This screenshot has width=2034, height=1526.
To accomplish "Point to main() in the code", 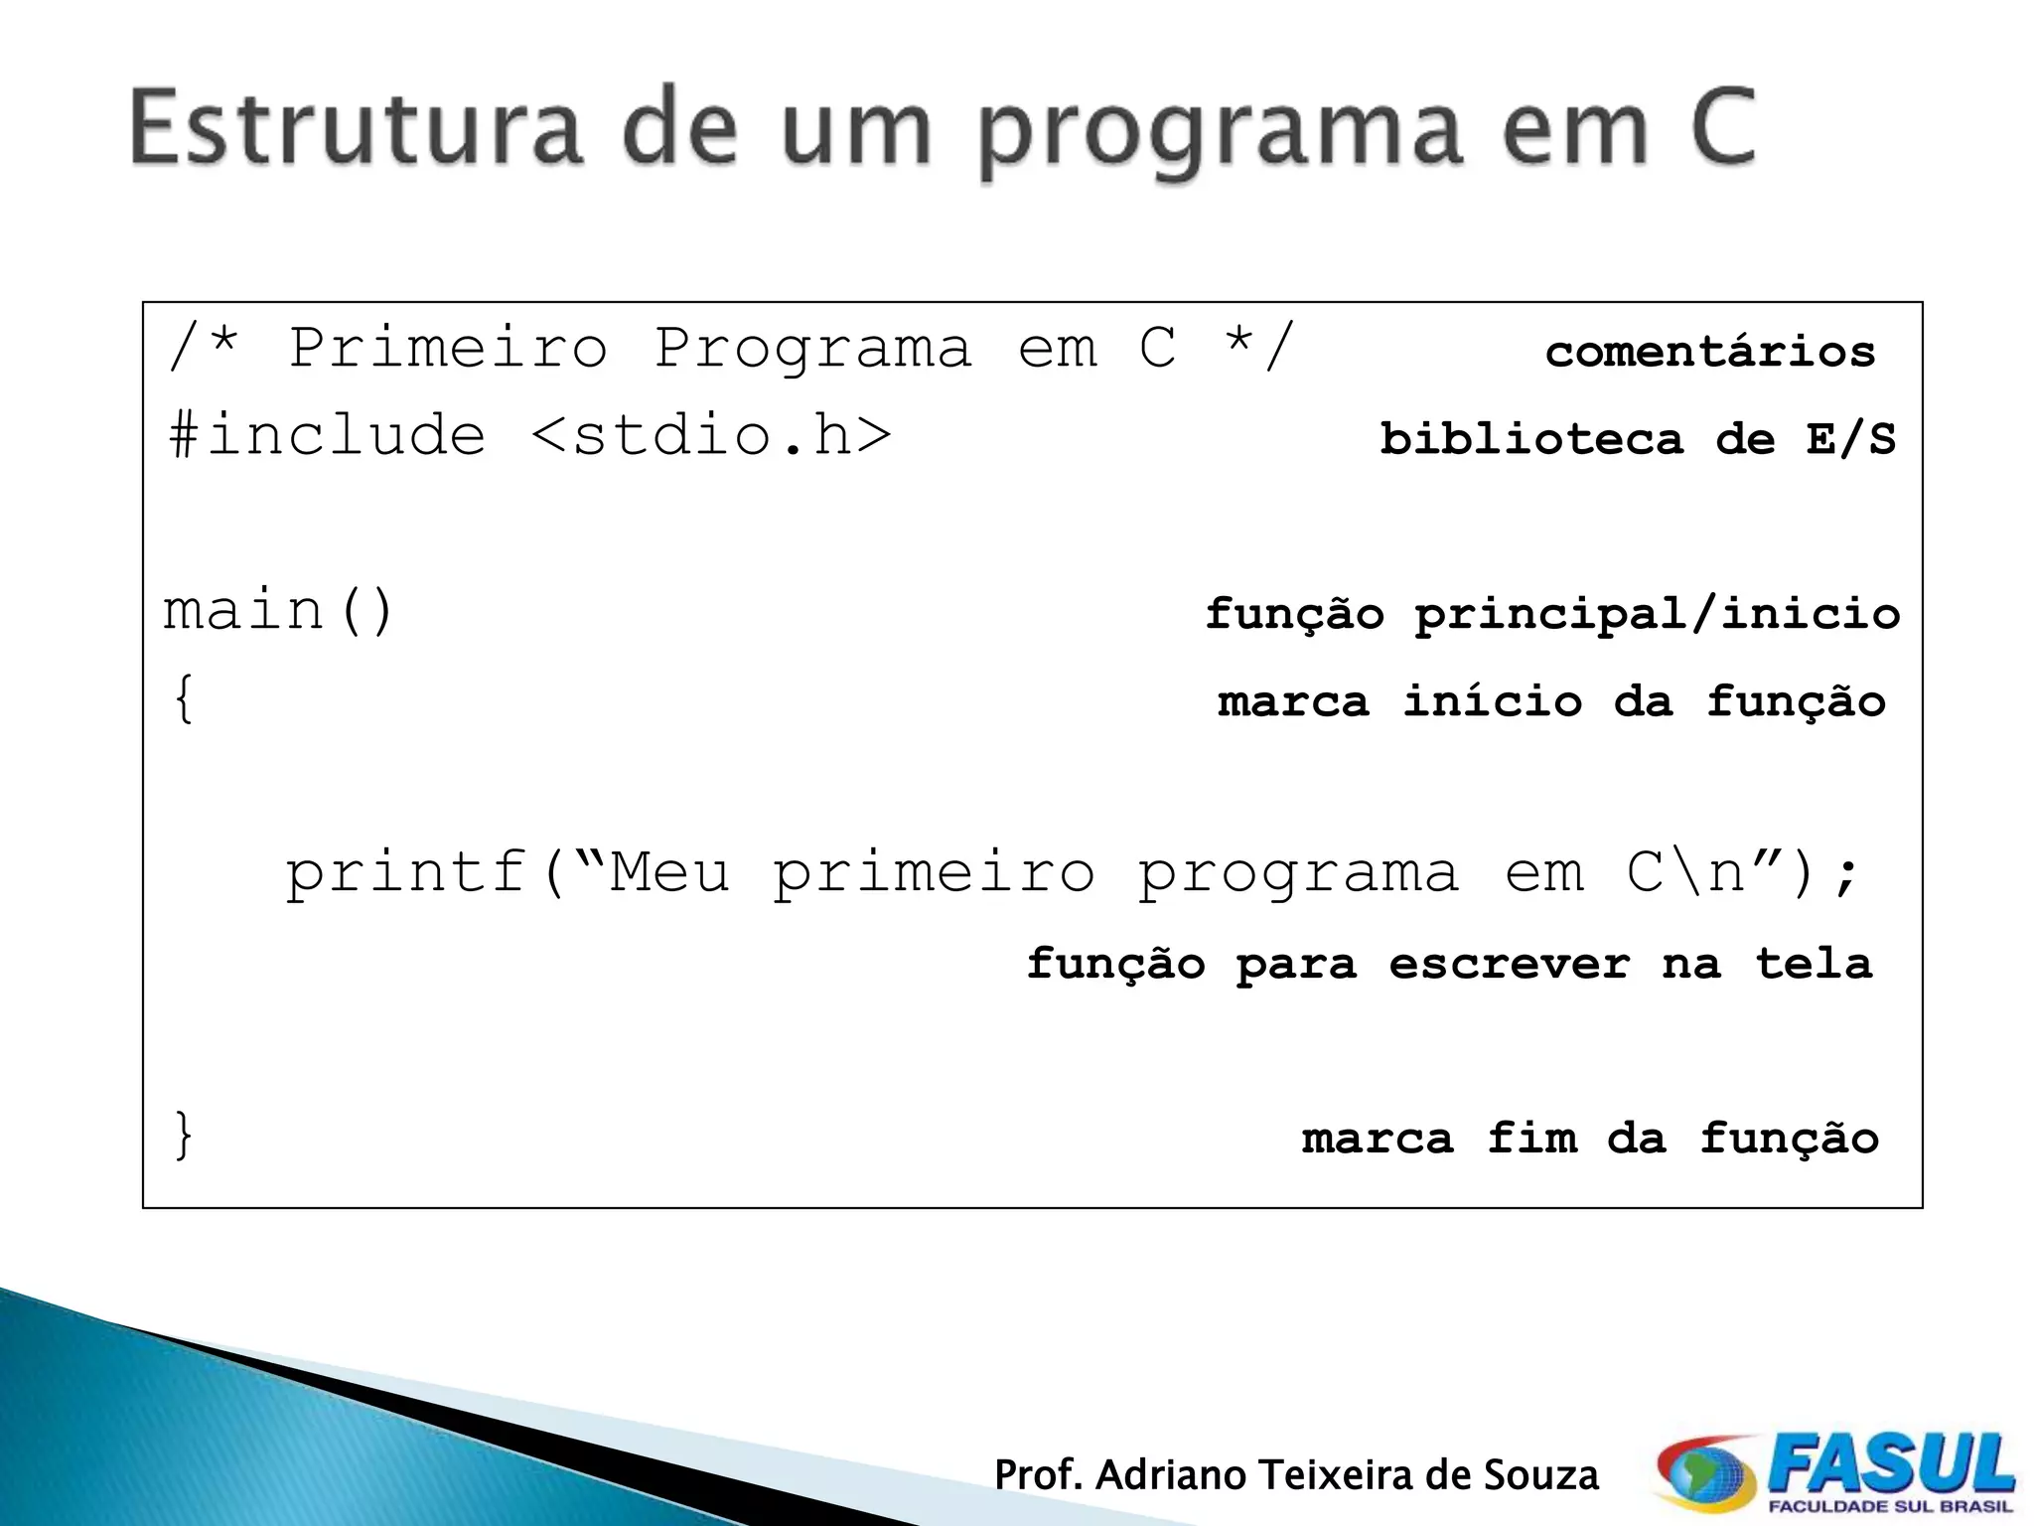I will click(x=279, y=610).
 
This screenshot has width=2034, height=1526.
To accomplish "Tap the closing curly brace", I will click(x=184, y=1135).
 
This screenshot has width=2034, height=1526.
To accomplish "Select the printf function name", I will click(x=405, y=872).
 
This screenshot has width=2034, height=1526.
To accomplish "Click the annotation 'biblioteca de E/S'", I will click(x=1637, y=439).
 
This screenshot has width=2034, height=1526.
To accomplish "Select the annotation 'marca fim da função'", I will click(x=1590, y=1139).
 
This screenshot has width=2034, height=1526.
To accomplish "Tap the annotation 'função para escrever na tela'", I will click(x=1449, y=964).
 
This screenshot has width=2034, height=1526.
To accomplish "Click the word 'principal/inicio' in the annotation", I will click(x=1657, y=614).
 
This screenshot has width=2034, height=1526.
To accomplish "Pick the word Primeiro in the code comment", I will click(x=448, y=348).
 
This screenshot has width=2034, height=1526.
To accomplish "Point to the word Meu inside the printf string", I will click(x=669, y=872).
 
